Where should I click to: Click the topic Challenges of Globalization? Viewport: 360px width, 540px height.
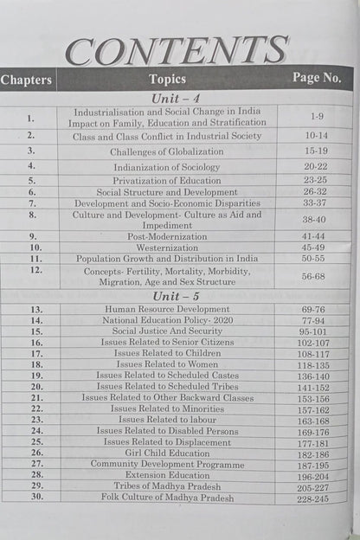168,151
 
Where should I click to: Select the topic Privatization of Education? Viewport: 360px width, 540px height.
168,181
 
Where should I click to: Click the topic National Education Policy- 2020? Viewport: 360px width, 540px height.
168,319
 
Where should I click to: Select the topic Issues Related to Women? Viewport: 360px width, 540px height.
168,364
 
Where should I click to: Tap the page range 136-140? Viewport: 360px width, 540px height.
314,376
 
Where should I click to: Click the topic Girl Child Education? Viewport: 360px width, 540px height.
168,452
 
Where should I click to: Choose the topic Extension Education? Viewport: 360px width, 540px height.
168,475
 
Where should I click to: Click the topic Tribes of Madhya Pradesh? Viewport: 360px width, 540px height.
168,486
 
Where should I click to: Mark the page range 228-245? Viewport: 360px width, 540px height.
314,498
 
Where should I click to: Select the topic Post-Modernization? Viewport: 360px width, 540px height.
168,235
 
